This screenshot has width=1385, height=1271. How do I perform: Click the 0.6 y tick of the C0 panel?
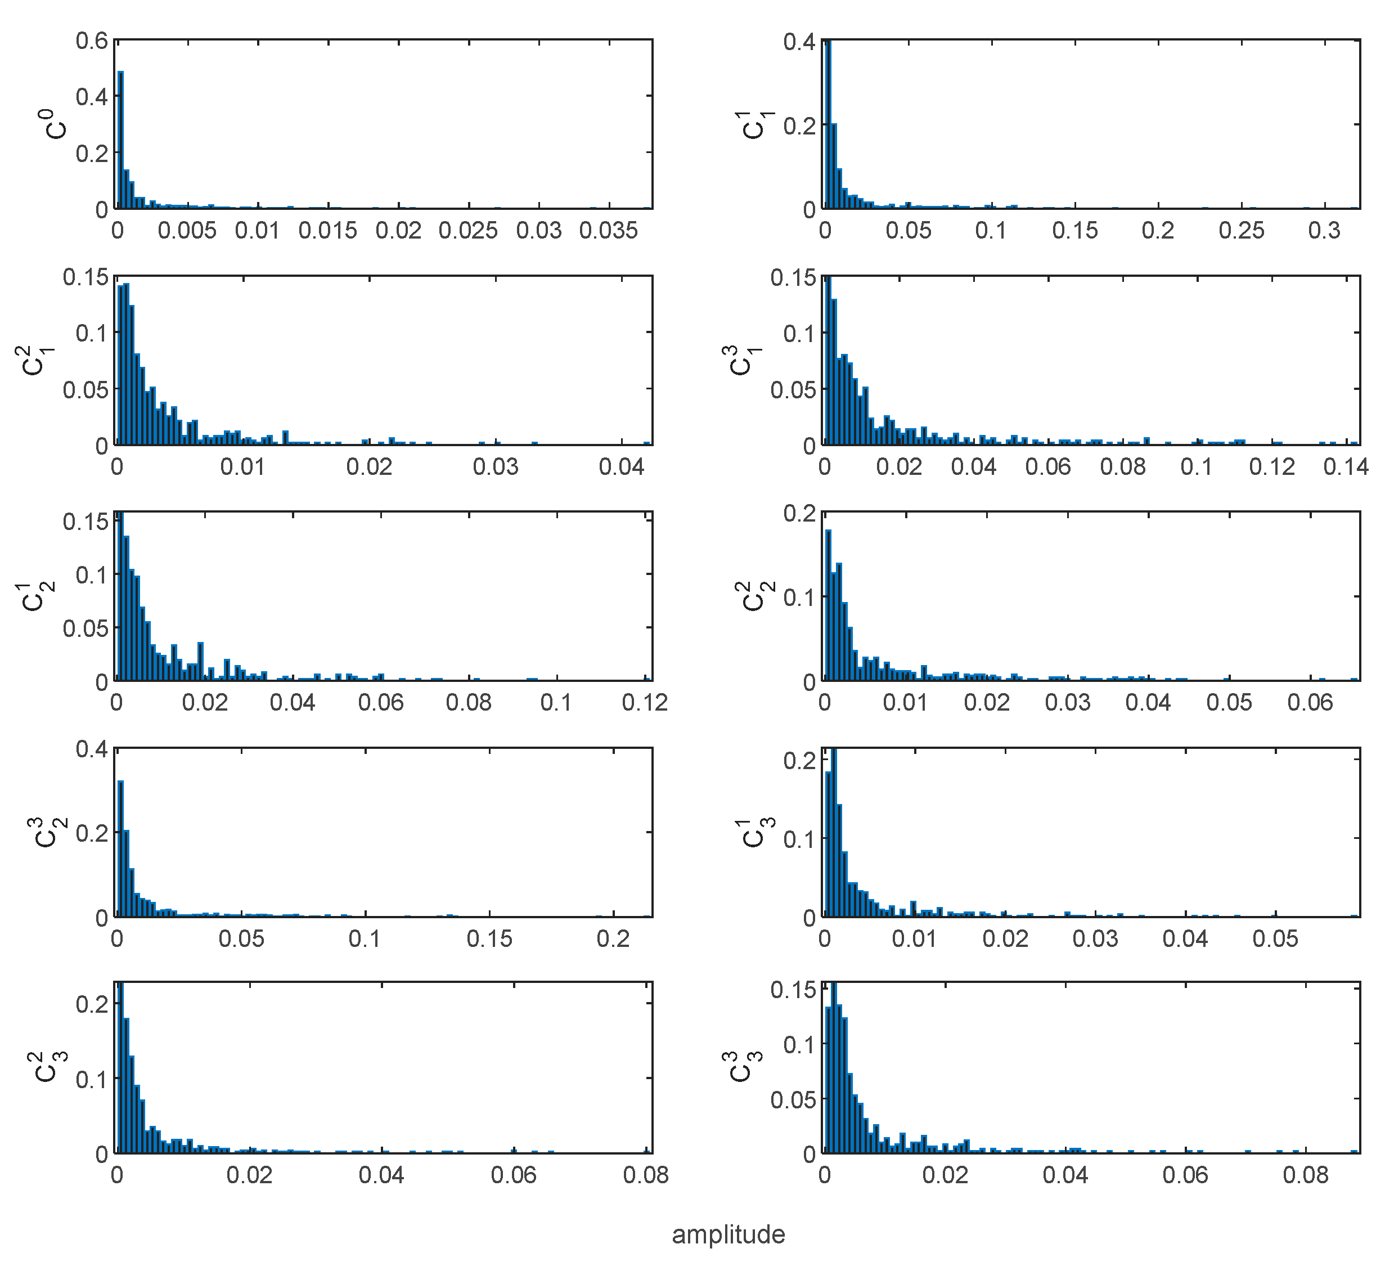[92, 41]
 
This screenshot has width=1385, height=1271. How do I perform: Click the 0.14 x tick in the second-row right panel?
[1346, 467]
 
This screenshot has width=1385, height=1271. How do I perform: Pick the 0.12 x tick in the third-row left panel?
[644, 702]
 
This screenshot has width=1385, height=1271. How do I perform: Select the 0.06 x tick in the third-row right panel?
[1310, 702]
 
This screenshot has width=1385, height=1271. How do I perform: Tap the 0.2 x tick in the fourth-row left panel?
[613, 938]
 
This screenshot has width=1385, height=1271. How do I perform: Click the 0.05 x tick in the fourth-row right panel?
[1275, 938]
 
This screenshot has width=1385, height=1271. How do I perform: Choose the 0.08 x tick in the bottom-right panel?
[1305, 1175]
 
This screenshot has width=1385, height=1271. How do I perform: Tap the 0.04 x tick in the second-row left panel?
[621, 467]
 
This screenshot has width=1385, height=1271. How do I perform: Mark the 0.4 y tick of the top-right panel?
[799, 42]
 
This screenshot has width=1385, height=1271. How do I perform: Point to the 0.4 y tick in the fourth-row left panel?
[92, 749]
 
